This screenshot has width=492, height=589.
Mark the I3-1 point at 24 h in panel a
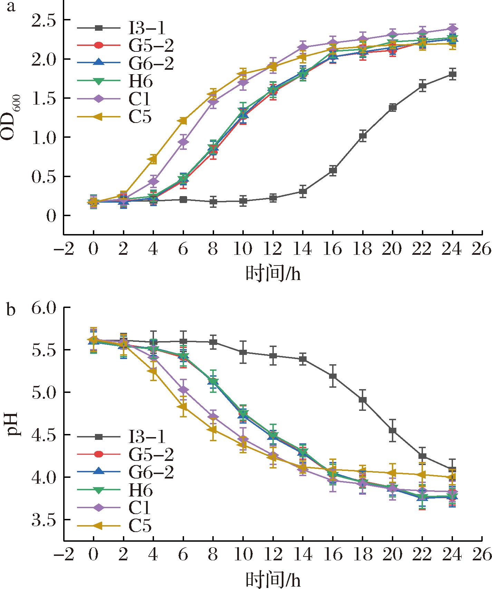(452, 74)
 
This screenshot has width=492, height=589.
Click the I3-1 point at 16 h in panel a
(333, 170)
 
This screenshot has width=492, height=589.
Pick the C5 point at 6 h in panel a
(183, 121)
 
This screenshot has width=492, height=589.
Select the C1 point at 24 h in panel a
(452, 29)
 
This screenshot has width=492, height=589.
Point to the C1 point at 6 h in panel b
(183, 390)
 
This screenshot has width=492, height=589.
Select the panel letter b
(11, 310)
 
